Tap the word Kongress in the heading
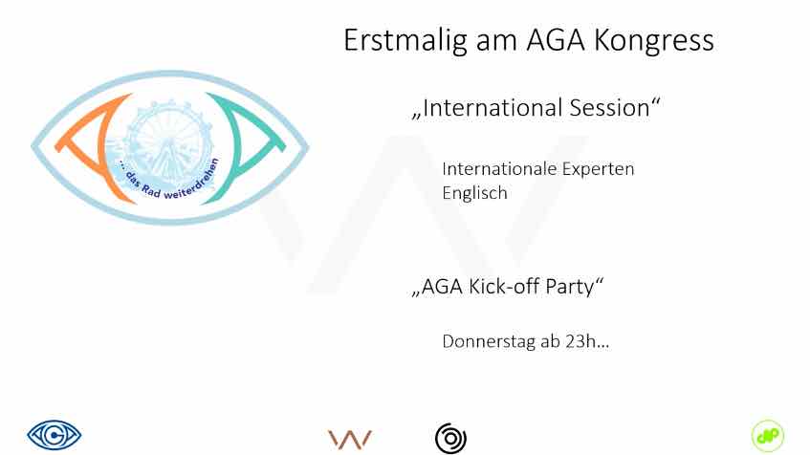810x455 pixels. click(654, 40)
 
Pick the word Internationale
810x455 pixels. click(498, 169)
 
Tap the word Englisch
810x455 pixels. click(474, 193)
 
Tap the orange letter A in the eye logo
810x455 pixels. click(92, 148)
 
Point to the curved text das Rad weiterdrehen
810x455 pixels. click(170, 184)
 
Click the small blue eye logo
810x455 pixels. click(55, 435)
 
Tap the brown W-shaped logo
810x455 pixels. click(350, 440)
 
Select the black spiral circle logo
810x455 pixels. click(450, 439)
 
